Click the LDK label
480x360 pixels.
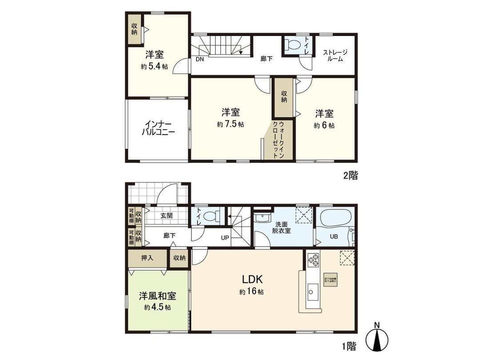click(x=253, y=280)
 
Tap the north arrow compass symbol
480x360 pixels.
click(x=377, y=340)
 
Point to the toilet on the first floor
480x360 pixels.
click(x=214, y=216)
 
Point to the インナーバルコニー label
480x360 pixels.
click(x=158, y=128)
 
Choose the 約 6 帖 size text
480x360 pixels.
click(x=324, y=125)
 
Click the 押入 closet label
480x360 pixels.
click(x=148, y=257)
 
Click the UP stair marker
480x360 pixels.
click(x=225, y=237)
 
